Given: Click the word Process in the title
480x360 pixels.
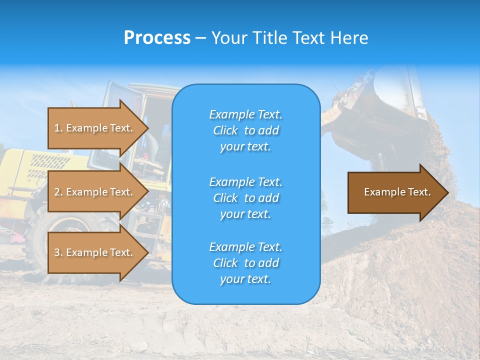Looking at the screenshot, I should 157,38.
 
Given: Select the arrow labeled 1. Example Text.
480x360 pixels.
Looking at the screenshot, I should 95,128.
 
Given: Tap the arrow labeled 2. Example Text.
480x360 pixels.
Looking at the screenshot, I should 95,192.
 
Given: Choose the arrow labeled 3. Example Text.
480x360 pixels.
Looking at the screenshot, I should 95,252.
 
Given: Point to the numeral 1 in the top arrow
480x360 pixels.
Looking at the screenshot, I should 57,128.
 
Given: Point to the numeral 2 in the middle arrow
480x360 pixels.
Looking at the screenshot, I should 57,192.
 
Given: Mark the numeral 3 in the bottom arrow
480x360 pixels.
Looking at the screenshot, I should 57,252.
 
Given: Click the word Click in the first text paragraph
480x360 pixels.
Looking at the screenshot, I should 225,130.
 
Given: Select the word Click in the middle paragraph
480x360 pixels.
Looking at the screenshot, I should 225,198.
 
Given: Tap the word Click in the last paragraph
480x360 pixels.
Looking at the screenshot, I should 225,263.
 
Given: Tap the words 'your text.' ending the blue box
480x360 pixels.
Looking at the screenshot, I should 245,279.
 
